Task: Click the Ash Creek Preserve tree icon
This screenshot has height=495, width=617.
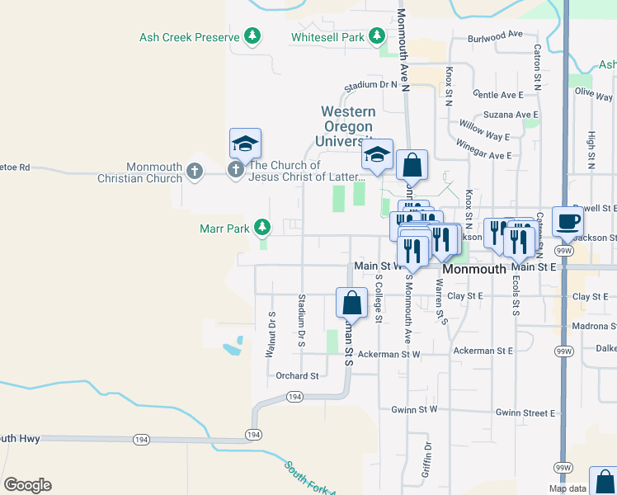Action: tap(252, 36)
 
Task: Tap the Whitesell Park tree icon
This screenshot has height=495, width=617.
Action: tap(376, 36)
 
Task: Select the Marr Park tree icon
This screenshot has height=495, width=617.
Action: tap(262, 226)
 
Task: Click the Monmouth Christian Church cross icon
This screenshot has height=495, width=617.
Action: tap(194, 172)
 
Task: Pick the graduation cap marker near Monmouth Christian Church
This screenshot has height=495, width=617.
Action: tap(245, 145)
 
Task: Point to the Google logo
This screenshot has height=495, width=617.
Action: tap(27, 485)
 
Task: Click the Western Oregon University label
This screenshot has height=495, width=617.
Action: tap(348, 125)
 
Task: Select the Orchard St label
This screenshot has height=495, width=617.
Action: tap(297, 375)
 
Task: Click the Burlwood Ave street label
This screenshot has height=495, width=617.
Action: tap(495, 35)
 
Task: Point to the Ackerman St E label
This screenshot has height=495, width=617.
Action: tap(483, 351)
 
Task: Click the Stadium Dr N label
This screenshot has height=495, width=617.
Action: tap(371, 84)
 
